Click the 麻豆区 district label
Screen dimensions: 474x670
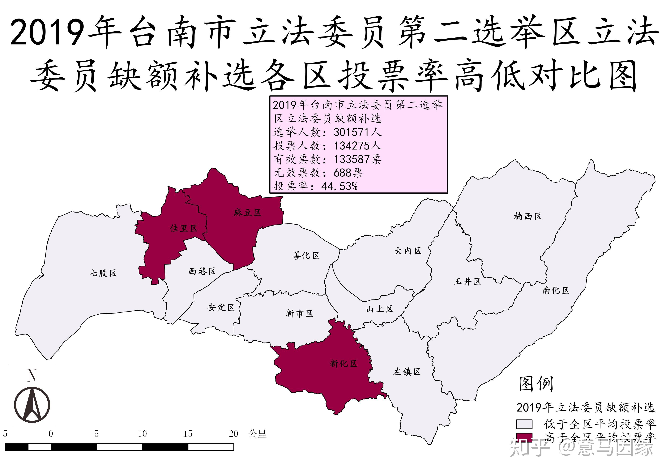point(247,213)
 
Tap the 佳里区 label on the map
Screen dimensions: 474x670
point(184,228)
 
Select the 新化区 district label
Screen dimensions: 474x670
point(344,363)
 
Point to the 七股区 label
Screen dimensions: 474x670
point(103,273)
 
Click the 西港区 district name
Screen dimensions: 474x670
point(202,271)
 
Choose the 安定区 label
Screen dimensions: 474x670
point(221,307)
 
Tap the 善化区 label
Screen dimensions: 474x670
point(306,255)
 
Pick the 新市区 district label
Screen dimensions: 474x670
point(299,313)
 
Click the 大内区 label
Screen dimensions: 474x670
point(408,251)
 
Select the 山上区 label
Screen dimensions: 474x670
point(379,309)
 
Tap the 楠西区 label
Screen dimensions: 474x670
point(528,216)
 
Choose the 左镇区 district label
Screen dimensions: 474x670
point(407,372)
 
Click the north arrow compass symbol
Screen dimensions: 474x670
point(32,404)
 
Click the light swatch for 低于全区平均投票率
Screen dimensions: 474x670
point(524,424)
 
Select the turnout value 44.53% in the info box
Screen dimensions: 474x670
point(339,186)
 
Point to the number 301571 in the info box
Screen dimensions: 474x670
point(352,132)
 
